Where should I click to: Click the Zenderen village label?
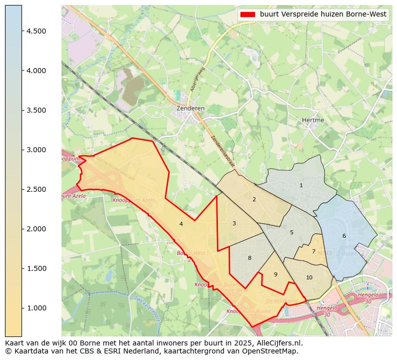[x=190, y=108]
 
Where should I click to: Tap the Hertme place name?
[x=313, y=120]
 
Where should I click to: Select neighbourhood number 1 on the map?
[x=301, y=185]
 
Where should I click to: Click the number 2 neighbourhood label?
[x=254, y=199]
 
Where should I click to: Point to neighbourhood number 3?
[x=234, y=223]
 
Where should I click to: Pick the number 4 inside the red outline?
[x=181, y=224]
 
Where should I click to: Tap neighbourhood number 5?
[x=291, y=232]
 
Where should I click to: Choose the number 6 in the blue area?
[x=344, y=236]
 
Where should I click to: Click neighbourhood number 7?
[x=313, y=251]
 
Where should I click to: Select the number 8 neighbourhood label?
[x=249, y=258]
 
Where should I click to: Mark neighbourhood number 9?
[x=275, y=274]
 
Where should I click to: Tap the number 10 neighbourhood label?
[x=309, y=277]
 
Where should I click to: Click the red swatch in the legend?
[x=247, y=15]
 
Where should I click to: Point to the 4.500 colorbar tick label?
[x=36, y=31]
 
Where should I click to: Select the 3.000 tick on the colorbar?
[x=36, y=150]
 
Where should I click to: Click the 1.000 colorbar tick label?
[x=36, y=308]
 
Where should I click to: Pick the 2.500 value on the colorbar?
[x=36, y=189]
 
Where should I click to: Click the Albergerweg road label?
[x=197, y=79]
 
